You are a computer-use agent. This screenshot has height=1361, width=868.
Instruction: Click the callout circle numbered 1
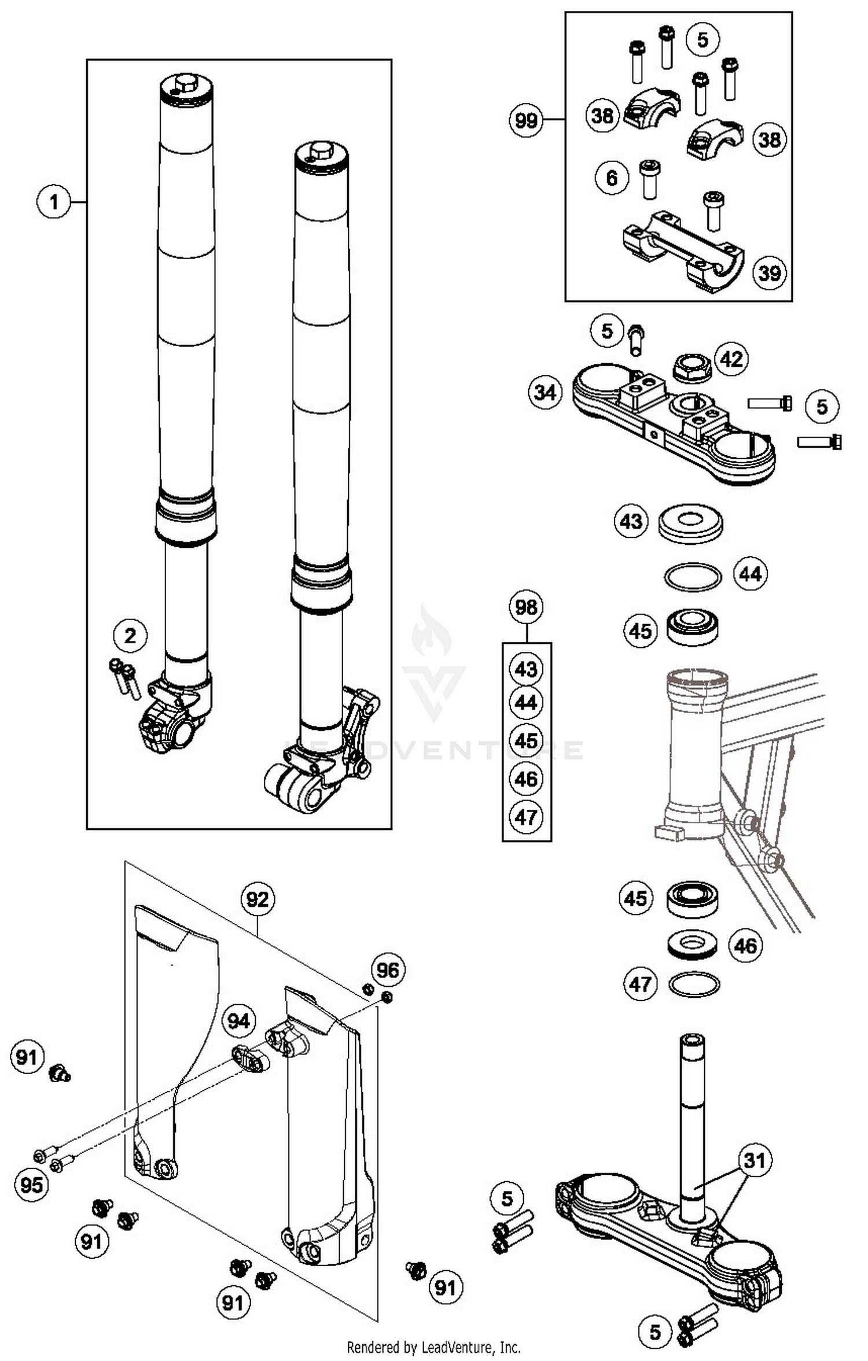pos(54,202)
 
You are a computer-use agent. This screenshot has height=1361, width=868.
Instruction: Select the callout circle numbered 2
pos(130,636)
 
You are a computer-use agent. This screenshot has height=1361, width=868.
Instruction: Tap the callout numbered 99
pos(526,120)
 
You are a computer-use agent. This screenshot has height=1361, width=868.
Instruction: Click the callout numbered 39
pos(769,272)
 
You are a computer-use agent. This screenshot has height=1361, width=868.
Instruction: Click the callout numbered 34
pos(545,393)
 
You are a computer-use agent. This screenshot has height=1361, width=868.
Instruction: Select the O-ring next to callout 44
pos(693,577)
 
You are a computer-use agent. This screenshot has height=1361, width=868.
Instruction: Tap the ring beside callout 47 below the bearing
pos(694,984)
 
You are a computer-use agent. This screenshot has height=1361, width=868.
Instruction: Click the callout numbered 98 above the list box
pos(526,607)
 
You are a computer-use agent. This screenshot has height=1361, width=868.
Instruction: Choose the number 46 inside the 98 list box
pos(526,779)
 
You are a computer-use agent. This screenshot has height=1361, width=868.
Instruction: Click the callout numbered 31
pos(755,1160)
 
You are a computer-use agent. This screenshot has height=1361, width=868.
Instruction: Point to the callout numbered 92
pos(258,899)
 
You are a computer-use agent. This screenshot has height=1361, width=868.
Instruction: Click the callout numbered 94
pos(238,1021)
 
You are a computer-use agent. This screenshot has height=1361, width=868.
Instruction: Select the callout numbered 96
pos(387,970)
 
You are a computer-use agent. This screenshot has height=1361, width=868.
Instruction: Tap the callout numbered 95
pos(31,1185)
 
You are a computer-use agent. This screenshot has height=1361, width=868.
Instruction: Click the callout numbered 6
pos(612,178)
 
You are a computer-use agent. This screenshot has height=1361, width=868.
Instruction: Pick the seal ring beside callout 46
pos(692,945)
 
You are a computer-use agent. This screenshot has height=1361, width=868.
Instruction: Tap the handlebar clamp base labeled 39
pos(683,252)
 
